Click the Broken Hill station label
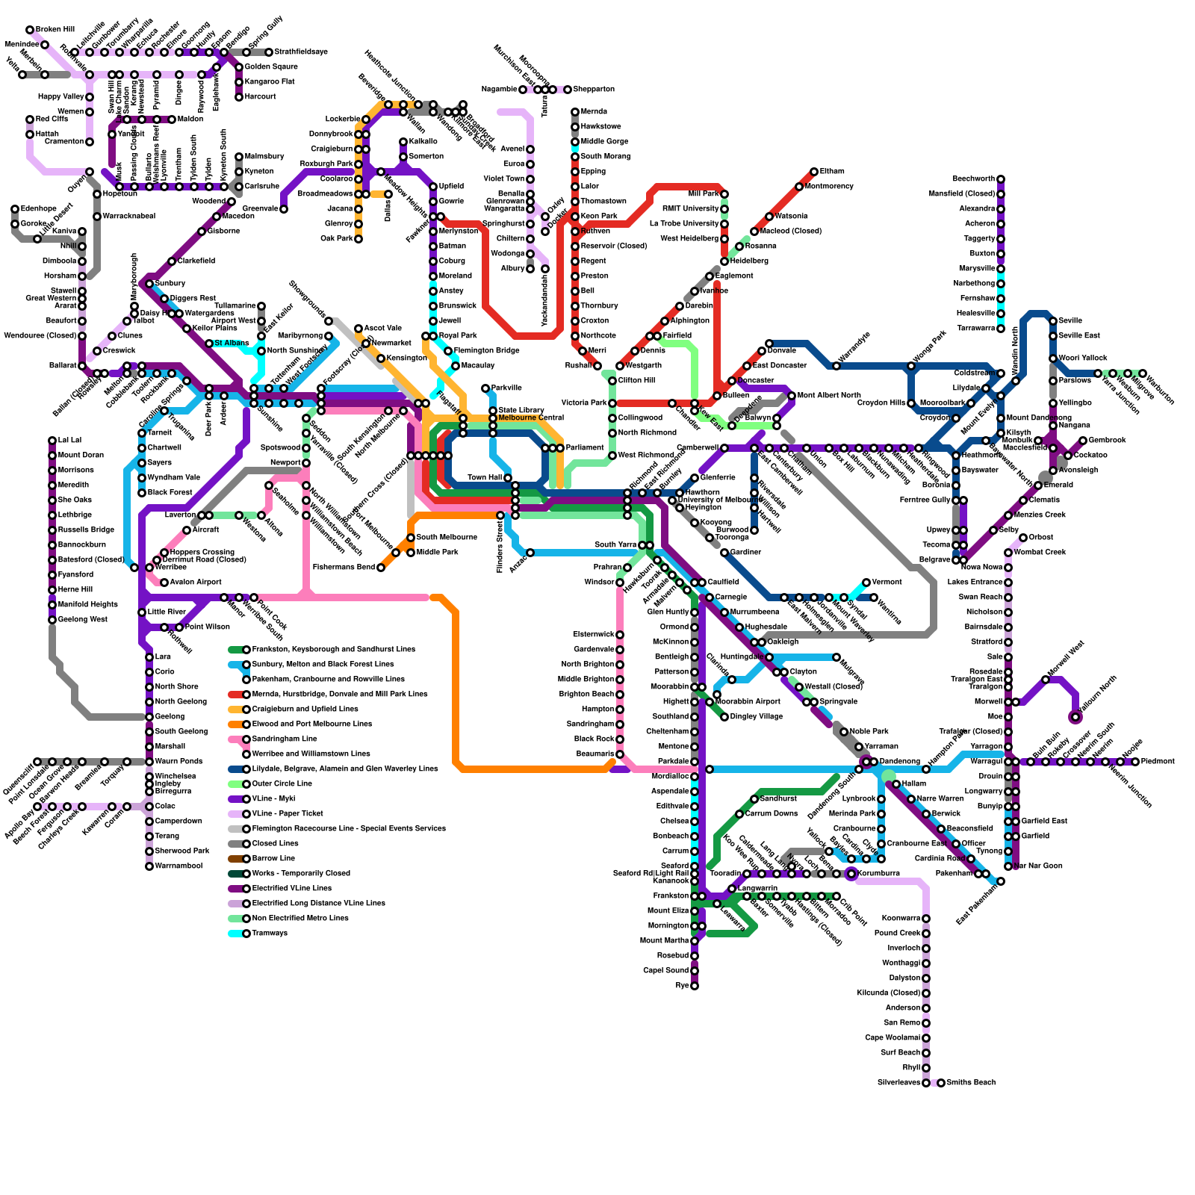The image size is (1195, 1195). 55,30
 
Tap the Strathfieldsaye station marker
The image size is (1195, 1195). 269,52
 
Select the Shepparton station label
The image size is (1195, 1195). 594,90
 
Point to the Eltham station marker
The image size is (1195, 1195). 814,172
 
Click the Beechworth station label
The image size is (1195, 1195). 973,179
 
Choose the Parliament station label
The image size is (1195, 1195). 585,448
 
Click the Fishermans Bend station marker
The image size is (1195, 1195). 381,568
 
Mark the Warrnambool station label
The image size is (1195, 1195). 179,866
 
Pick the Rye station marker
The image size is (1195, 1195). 695,986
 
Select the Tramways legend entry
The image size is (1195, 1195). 270,934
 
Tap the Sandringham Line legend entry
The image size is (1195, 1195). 285,739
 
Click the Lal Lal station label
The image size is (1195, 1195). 69,441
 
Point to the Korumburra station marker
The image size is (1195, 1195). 851,874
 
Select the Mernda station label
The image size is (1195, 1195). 594,112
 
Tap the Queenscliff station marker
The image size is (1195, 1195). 37,762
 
